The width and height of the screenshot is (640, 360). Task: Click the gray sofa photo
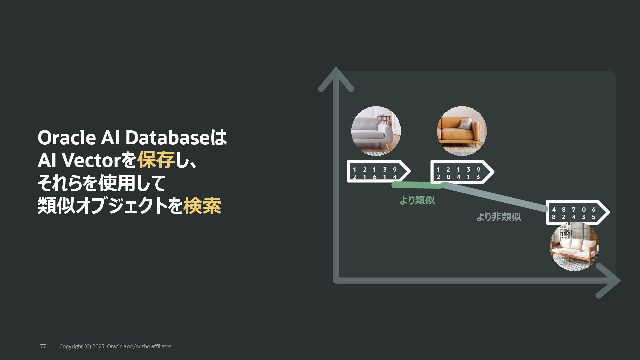pos(376,131)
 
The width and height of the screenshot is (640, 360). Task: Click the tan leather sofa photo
pos(462,131)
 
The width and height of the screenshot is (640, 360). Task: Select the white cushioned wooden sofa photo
pos(574,246)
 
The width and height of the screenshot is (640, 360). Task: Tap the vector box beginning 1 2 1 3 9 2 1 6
pos(377,172)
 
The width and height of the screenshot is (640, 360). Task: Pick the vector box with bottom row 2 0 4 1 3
pos(460,172)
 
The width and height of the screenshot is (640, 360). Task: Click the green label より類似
pos(417,200)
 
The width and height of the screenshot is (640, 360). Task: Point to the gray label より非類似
pos(498,217)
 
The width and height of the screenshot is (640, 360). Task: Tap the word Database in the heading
pos(167,138)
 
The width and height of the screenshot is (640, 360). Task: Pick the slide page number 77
pos(43,346)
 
